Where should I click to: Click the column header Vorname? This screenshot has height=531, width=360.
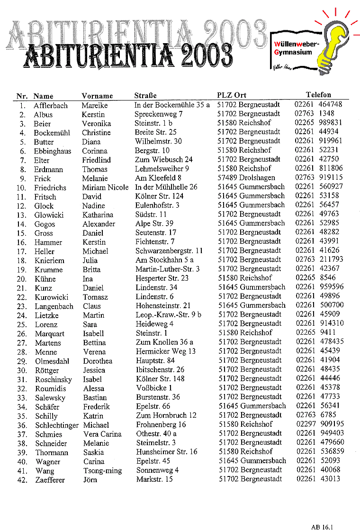click(x=97, y=96)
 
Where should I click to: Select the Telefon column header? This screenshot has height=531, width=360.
click(x=318, y=95)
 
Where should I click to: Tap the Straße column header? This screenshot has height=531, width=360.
click(x=145, y=96)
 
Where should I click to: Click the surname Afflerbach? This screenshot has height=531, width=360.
click(x=51, y=106)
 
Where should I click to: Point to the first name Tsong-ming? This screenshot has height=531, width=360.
click(x=102, y=471)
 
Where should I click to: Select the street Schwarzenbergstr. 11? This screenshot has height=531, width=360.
click(x=169, y=251)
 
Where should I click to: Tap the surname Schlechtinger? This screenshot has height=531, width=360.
click(x=57, y=425)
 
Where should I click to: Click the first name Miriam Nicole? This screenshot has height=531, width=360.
click(x=105, y=187)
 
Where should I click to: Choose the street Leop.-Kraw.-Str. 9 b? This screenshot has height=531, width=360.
click(x=169, y=315)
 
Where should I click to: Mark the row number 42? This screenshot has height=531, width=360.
click(x=21, y=480)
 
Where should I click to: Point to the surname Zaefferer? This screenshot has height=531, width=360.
click(x=50, y=480)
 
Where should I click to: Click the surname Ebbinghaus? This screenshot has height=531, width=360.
click(x=52, y=151)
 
